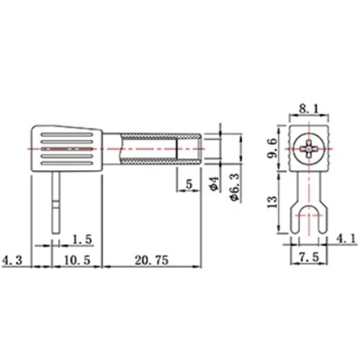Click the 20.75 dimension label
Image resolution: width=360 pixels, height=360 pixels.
151,260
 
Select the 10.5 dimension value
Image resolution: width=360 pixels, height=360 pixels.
77,260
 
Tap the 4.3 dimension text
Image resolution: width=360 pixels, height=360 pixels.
12,260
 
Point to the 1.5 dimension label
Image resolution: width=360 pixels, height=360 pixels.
82,240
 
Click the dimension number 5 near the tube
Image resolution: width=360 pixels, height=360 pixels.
189,184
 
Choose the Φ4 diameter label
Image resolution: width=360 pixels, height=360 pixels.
215,184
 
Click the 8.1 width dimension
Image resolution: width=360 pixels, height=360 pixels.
310,109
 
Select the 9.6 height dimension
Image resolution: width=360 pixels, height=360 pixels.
272,148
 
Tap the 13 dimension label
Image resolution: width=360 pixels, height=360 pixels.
272,202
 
